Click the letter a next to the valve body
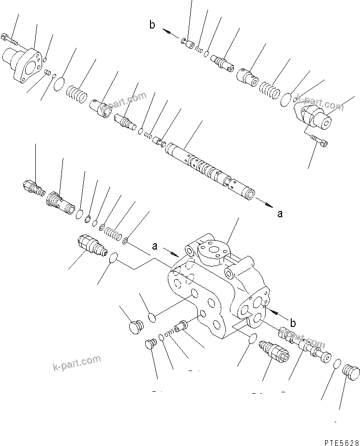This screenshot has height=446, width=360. point(155,246)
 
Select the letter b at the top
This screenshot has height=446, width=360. point(152,25)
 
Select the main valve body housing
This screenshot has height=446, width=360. point(218,285)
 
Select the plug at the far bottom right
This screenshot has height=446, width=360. point(351,373)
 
